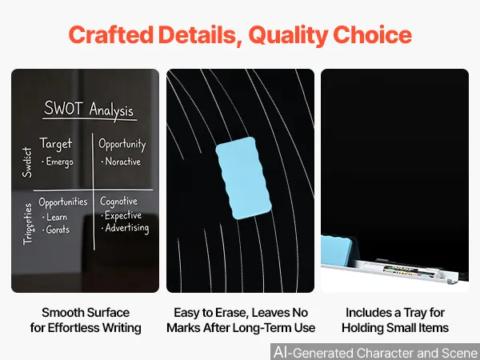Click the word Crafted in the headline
[x=111, y=34]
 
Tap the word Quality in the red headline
[x=288, y=36]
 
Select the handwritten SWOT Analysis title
[x=89, y=110]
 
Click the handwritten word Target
[x=56, y=144]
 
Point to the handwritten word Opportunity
[x=122, y=144]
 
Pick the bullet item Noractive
[x=122, y=162]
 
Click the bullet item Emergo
[x=58, y=162]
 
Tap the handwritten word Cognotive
[x=118, y=201]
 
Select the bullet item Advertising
[x=126, y=228]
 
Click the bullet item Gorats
[x=56, y=230]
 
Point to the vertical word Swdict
[x=27, y=162]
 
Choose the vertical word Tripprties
[x=27, y=224]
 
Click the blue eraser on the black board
[x=243, y=178]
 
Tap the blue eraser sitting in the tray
[x=336, y=250]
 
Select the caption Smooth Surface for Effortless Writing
[x=86, y=320]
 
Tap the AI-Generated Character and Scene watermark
[x=376, y=352]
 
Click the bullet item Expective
[x=122, y=215]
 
